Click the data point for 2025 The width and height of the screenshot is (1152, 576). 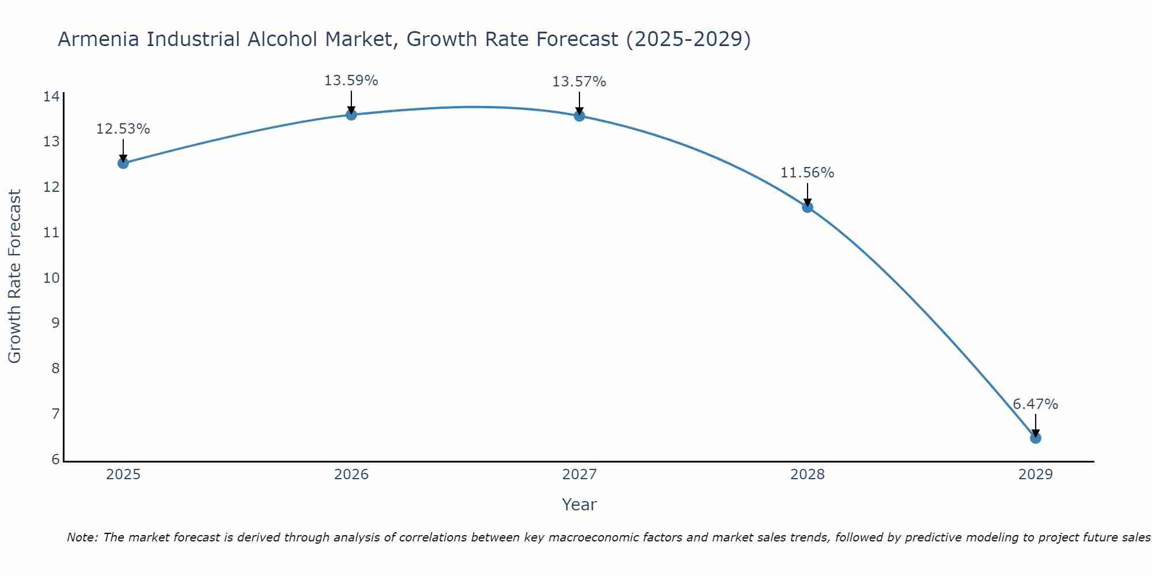(x=123, y=163)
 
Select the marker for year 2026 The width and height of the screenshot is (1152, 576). (x=351, y=115)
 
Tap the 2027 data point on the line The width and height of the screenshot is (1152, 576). (x=579, y=116)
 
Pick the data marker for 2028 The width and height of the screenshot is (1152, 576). (x=808, y=207)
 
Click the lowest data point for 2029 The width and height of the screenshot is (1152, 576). (x=1036, y=438)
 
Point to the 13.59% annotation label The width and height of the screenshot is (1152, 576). (x=351, y=81)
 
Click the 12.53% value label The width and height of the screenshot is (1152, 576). (x=123, y=129)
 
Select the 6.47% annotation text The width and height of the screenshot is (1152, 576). (x=1035, y=404)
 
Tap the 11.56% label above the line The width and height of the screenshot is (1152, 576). (x=807, y=173)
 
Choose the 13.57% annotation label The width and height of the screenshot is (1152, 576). (x=579, y=82)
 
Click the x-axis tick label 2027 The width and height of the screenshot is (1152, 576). (x=579, y=475)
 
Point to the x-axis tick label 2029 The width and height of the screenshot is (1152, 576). (x=1036, y=475)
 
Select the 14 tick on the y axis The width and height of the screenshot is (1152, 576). (x=51, y=96)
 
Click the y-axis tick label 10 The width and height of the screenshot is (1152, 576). (x=51, y=278)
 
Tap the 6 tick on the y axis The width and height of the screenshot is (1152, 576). (x=55, y=460)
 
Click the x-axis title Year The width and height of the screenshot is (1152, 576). (x=579, y=505)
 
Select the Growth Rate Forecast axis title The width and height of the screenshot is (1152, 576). (x=14, y=276)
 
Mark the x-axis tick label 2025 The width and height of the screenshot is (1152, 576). (x=123, y=475)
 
